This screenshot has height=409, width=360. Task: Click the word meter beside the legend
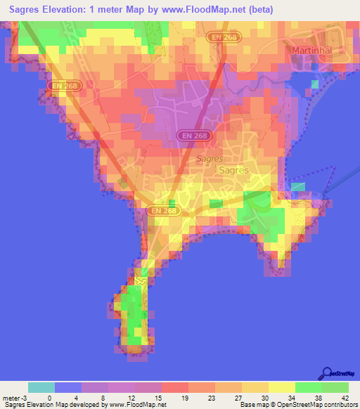(8, 398)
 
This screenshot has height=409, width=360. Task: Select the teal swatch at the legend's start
(41, 387)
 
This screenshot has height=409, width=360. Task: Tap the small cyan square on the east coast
(298, 186)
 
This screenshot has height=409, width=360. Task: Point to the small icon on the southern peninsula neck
(141, 280)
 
